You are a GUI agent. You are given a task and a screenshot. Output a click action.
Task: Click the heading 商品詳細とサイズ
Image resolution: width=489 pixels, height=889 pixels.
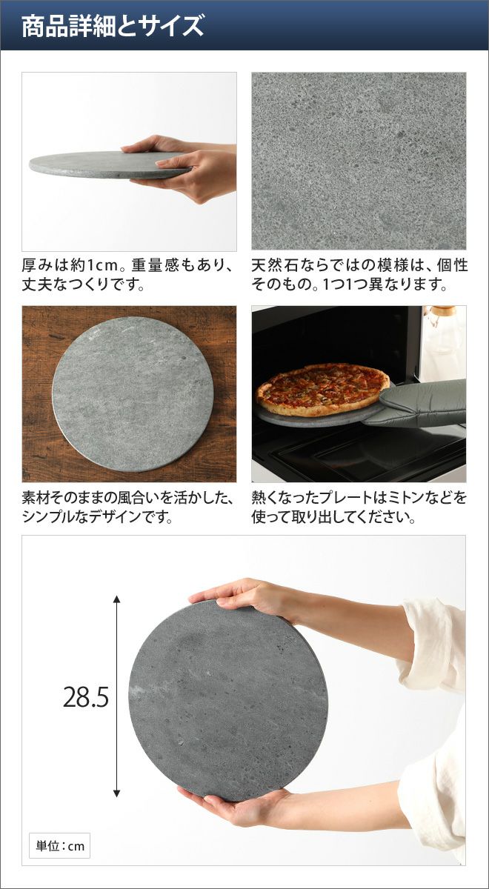tap(113, 26)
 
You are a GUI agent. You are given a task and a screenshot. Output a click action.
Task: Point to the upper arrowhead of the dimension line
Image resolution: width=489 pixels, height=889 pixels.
tap(116, 599)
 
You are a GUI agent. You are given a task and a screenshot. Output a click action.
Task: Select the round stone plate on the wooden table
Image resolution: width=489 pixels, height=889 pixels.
tap(133, 394)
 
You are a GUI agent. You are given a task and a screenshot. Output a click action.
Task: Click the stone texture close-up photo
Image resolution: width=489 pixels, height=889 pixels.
tap(359, 161)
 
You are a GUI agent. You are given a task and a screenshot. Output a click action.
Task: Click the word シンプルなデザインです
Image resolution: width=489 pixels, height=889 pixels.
tap(97, 517)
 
